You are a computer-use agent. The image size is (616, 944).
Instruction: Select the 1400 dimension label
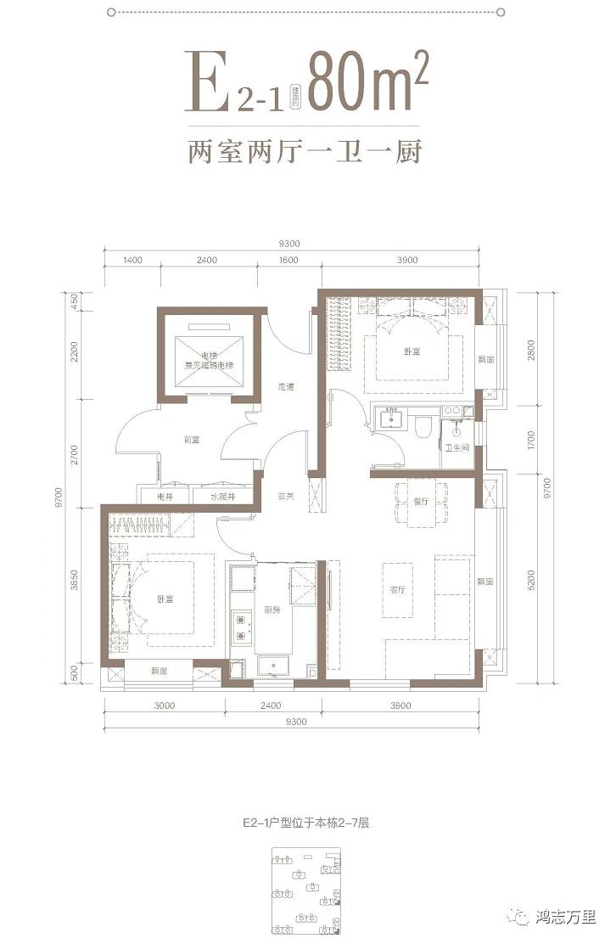click(130, 261)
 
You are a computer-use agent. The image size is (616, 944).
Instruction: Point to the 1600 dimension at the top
click(287, 261)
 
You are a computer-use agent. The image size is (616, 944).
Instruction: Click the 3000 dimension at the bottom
click(165, 705)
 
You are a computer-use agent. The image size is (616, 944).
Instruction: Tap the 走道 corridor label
click(285, 387)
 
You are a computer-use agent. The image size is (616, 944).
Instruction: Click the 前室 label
click(191, 439)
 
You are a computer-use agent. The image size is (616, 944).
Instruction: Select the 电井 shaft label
click(163, 496)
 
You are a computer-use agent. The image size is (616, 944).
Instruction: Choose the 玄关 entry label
click(286, 496)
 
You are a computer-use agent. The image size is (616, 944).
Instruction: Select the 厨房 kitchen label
click(272, 610)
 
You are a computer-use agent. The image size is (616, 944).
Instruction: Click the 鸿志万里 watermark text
click(566, 917)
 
